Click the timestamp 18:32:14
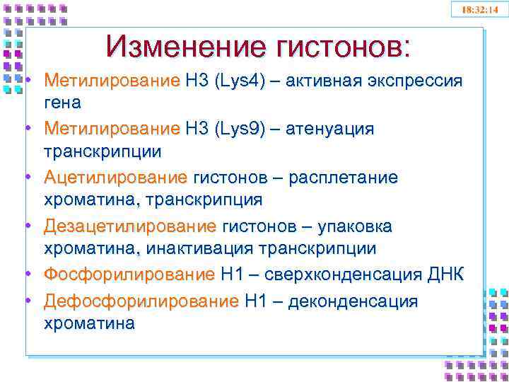pos(479,9)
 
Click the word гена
pos(62,103)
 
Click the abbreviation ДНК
pos(446,275)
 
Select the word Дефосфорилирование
pos(141,302)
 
